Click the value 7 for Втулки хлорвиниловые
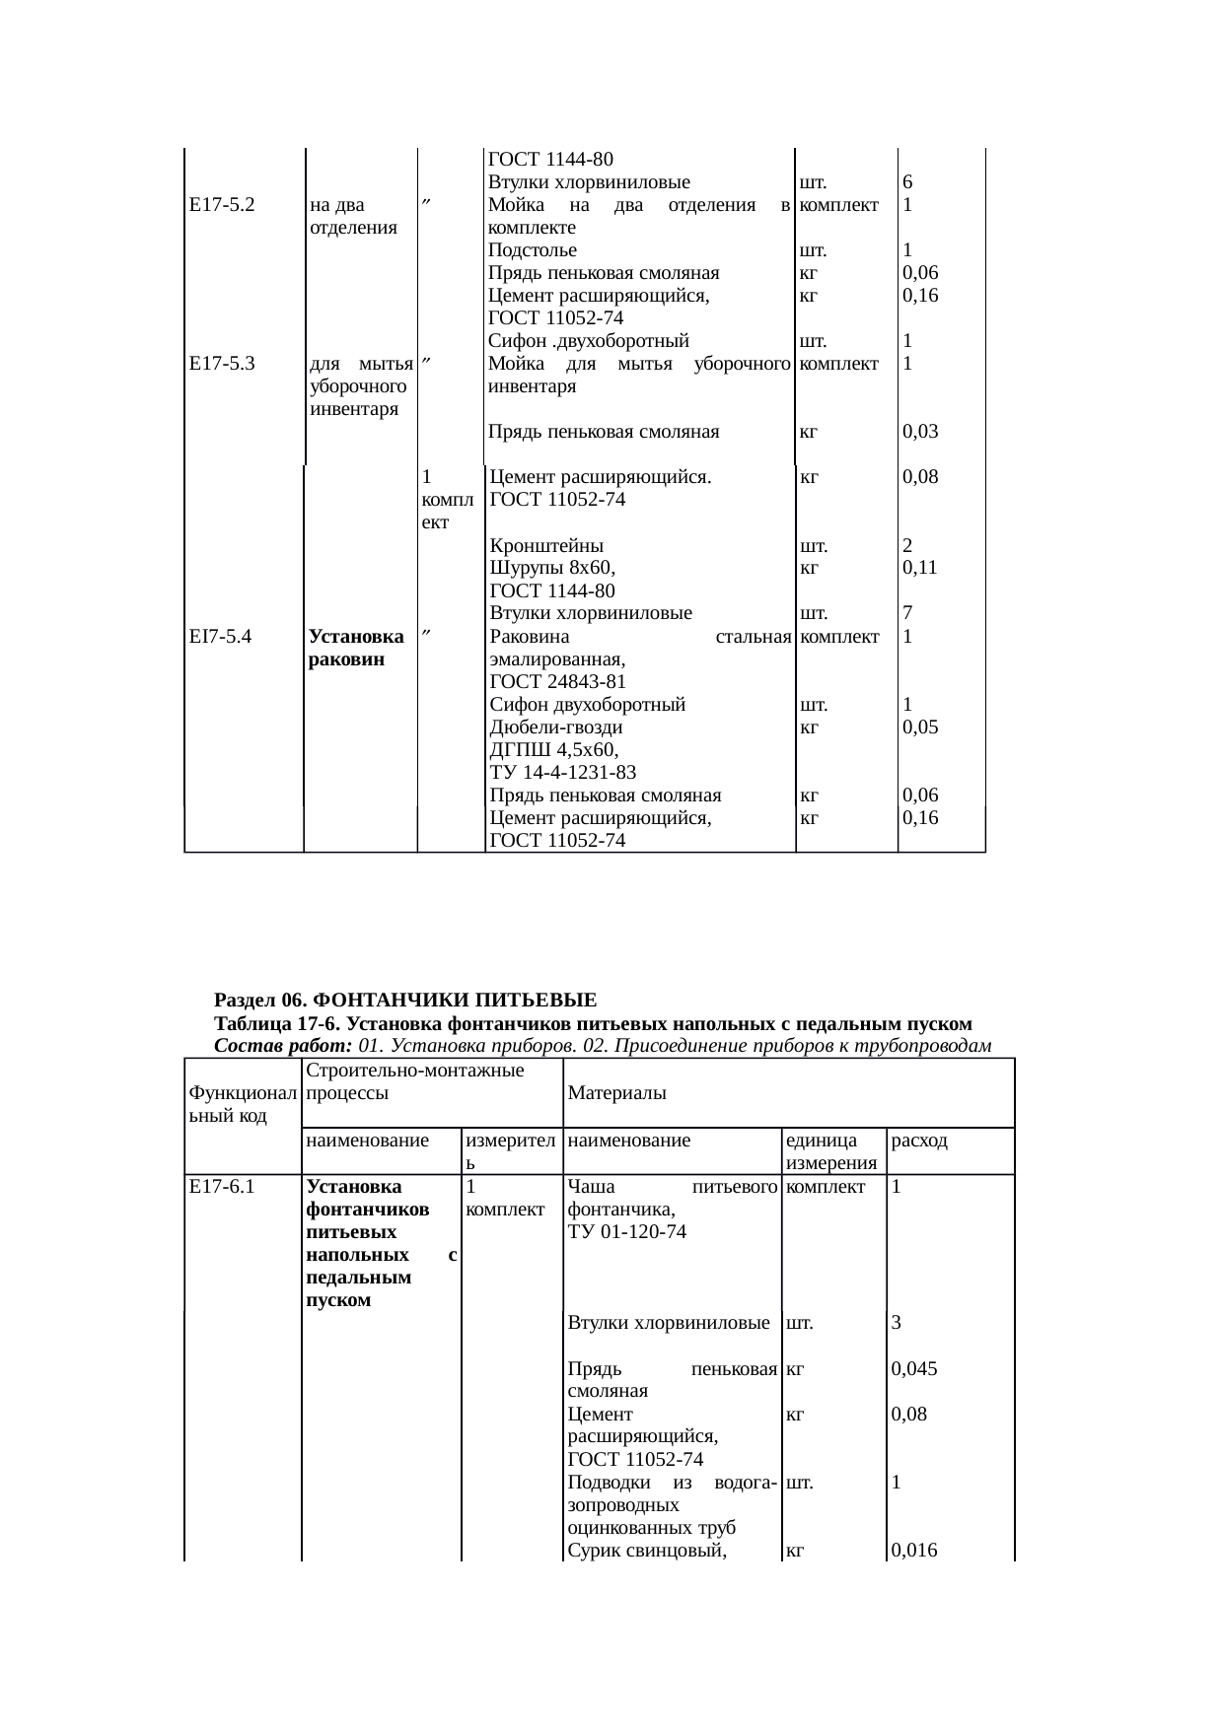[x=907, y=613]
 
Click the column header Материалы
[x=616, y=1093]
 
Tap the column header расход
[x=919, y=1142]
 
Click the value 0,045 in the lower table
[x=914, y=1369]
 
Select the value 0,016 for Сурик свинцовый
[x=914, y=1551]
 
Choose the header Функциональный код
[x=242, y=1104]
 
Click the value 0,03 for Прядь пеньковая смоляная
[x=919, y=432]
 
